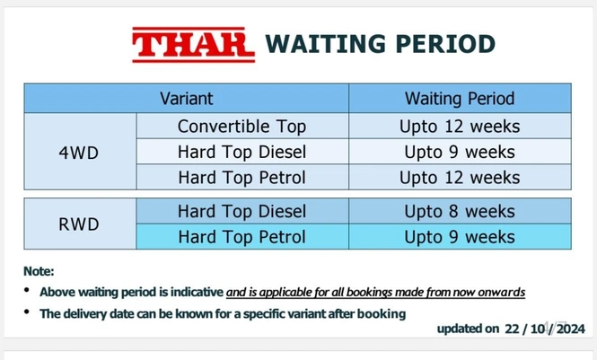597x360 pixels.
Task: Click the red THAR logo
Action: [x=193, y=43]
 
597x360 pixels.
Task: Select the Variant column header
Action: [x=186, y=98]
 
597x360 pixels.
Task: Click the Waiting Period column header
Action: [x=460, y=98]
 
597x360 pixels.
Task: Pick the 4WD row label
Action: [x=79, y=152]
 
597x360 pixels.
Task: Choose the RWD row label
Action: [x=79, y=224]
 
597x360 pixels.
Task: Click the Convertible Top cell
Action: [x=241, y=127]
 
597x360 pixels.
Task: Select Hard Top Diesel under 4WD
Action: [x=241, y=152]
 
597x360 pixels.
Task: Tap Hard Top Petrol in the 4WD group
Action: [x=241, y=177]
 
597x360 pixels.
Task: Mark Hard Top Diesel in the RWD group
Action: [x=241, y=212]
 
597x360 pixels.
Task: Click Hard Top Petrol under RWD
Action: [x=241, y=237]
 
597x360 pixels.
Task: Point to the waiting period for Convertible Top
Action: [x=460, y=127]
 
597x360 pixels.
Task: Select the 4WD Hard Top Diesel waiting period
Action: [x=460, y=152]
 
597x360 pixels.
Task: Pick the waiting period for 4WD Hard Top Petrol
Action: [x=460, y=177]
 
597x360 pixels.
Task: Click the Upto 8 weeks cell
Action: [x=460, y=212]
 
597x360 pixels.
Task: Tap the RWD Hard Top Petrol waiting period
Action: [x=460, y=237]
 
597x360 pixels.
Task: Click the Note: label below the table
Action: [x=40, y=271]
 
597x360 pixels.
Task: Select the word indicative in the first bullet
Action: [x=196, y=293]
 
